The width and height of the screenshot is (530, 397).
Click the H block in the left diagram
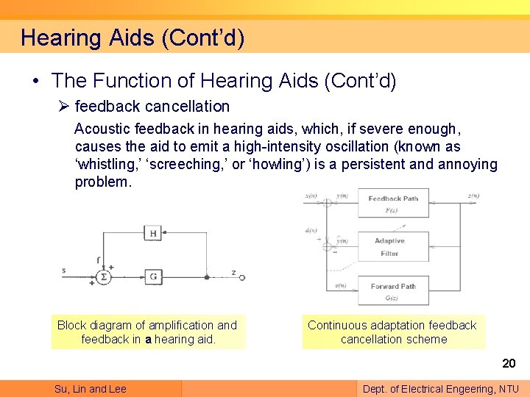coord(153,234)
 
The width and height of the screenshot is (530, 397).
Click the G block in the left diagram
coord(153,277)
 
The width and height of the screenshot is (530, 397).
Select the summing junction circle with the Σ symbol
coord(104,277)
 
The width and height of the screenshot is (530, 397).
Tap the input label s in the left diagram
coord(64,271)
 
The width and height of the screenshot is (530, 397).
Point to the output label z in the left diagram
coord(233,272)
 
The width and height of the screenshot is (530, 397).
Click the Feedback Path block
coord(393,203)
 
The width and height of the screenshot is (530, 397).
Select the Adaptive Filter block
coord(393,247)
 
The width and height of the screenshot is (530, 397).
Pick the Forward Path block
coord(393,290)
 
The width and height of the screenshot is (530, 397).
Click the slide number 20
coord(509,363)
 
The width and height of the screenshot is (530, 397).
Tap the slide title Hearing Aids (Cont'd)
coord(132,37)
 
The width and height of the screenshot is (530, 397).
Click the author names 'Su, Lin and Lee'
coord(91,389)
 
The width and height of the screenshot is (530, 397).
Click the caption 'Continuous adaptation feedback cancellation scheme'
coord(392,332)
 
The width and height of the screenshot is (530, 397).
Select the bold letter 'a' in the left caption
coord(149,340)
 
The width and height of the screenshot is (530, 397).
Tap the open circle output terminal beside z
coord(242,278)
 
